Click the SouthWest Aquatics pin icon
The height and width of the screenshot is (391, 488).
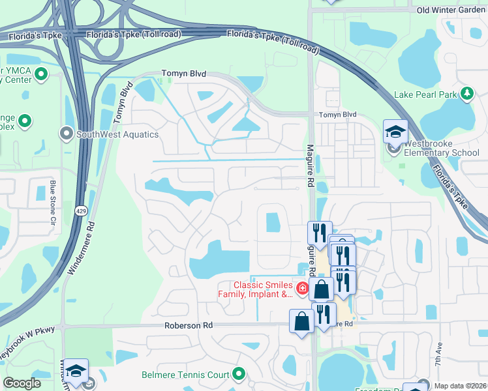coord(66,134)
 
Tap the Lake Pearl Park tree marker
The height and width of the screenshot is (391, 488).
coord(466,94)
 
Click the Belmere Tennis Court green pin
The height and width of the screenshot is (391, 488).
coord(239,374)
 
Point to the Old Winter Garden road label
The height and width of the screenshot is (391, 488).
coord(451,10)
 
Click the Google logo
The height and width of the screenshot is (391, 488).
coord(22,383)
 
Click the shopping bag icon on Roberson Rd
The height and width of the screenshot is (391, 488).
coord(301,321)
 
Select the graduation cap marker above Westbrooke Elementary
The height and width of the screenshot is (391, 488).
coord(395,132)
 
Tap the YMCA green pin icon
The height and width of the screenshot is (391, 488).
coord(42,74)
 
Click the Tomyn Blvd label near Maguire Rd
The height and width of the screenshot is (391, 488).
coord(338,115)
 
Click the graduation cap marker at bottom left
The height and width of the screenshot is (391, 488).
coord(76,371)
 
